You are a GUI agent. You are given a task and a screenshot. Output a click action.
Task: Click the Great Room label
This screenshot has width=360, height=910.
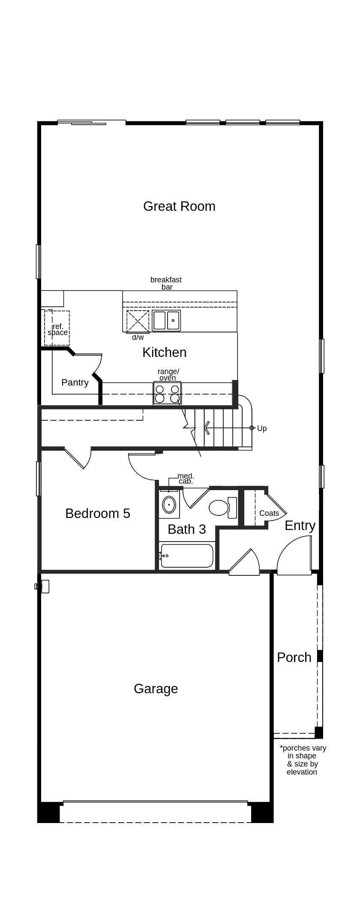[x=179, y=206]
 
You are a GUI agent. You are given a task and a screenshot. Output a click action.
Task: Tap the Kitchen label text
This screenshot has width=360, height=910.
[x=164, y=352]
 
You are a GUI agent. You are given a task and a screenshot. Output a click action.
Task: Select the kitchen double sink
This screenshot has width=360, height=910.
[x=166, y=320]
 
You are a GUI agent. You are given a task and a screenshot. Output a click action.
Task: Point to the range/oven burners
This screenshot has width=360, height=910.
[x=167, y=394]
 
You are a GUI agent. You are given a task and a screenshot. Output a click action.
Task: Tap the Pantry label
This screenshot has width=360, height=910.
[x=75, y=382]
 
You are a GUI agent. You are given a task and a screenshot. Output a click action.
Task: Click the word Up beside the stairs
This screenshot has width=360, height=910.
[x=261, y=428]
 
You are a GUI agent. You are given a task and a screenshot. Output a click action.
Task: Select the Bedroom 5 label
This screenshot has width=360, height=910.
[x=97, y=513]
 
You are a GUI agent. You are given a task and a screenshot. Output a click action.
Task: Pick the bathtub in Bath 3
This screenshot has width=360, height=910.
[x=187, y=556]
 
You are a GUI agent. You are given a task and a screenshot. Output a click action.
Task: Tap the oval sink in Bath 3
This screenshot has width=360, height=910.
[x=169, y=505]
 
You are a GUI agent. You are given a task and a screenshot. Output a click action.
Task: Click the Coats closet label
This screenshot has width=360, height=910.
[x=269, y=513]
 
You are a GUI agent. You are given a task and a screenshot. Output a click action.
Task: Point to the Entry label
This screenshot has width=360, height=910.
[x=300, y=525]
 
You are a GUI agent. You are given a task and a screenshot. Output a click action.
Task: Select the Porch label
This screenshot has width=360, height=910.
[x=294, y=657]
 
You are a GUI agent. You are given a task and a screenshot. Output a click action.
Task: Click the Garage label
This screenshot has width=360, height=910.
[x=156, y=688]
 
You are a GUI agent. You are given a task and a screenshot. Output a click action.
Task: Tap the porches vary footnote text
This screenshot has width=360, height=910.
[x=303, y=760]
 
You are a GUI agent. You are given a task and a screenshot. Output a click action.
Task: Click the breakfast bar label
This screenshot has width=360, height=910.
[x=166, y=283]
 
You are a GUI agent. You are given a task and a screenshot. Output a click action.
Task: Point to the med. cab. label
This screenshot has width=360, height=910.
[x=186, y=478]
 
